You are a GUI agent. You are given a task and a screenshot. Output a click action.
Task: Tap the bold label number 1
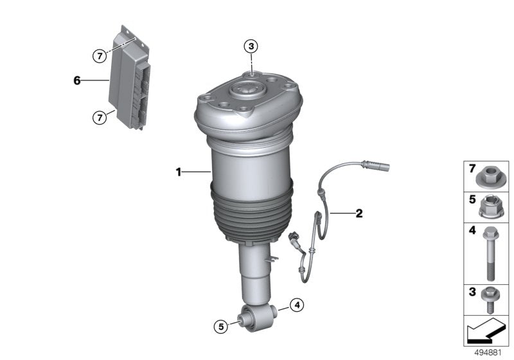[180, 172]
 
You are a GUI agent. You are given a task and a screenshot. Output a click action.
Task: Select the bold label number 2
[359, 213]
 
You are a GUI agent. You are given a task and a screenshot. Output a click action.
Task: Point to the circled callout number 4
[296, 305]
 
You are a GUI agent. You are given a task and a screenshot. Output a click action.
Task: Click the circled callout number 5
[220, 327]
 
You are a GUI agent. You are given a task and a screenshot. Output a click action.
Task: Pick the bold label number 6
[77, 80]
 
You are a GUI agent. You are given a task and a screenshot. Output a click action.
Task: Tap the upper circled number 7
[99, 56]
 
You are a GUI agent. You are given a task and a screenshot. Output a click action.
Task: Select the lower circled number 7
[99, 117]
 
